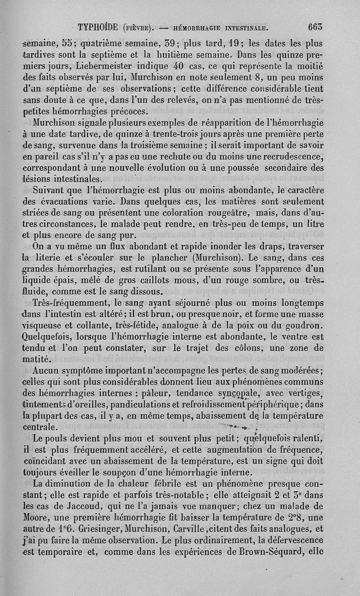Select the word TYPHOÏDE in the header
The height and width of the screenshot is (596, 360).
tap(99, 27)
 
